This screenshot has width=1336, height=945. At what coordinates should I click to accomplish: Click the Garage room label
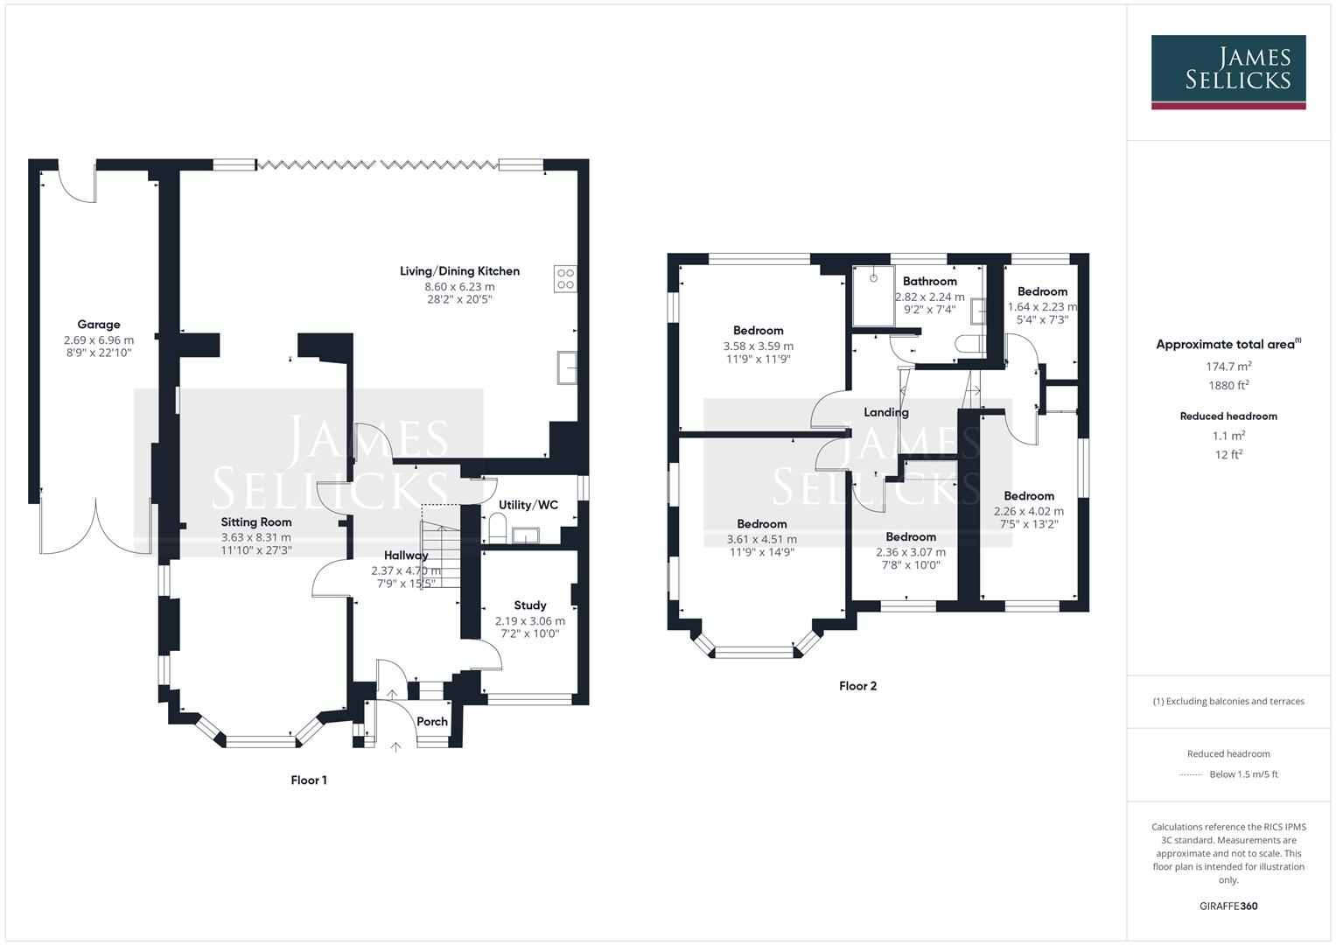[98, 325]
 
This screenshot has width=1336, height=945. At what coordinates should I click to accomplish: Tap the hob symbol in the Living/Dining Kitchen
[565, 278]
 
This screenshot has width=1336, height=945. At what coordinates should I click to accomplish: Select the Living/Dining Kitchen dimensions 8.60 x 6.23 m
[459, 286]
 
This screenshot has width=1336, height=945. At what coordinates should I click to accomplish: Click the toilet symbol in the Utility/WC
[497, 527]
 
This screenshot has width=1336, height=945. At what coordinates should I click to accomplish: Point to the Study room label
[530, 605]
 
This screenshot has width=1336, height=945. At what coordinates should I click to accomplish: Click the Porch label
[432, 722]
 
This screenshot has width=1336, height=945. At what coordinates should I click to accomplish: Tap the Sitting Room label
[255, 522]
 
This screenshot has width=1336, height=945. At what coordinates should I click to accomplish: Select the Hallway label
[406, 556]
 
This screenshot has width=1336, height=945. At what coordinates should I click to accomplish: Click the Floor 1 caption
[309, 780]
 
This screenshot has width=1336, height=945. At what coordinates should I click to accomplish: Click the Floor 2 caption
[857, 686]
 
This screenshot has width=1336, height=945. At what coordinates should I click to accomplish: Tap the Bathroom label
[929, 282]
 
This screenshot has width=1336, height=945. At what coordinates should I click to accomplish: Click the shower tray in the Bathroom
[872, 297]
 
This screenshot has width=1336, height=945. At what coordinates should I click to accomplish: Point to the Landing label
[886, 412]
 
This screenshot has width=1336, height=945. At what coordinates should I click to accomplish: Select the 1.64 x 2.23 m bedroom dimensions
[1042, 307]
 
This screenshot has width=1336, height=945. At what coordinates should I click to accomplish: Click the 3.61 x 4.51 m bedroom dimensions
[761, 540]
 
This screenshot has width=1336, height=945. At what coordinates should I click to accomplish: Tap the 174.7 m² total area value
[1228, 367]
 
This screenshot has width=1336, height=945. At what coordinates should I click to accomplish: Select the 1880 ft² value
[1228, 385]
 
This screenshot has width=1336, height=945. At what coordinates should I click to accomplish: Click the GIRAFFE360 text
[1228, 906]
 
